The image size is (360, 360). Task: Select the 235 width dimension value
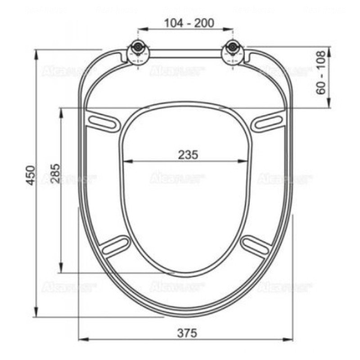click(x=188, y=155)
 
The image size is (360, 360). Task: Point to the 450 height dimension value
click(x=30, y=175)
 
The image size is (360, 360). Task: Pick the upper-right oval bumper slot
click(x=269, y=121)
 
